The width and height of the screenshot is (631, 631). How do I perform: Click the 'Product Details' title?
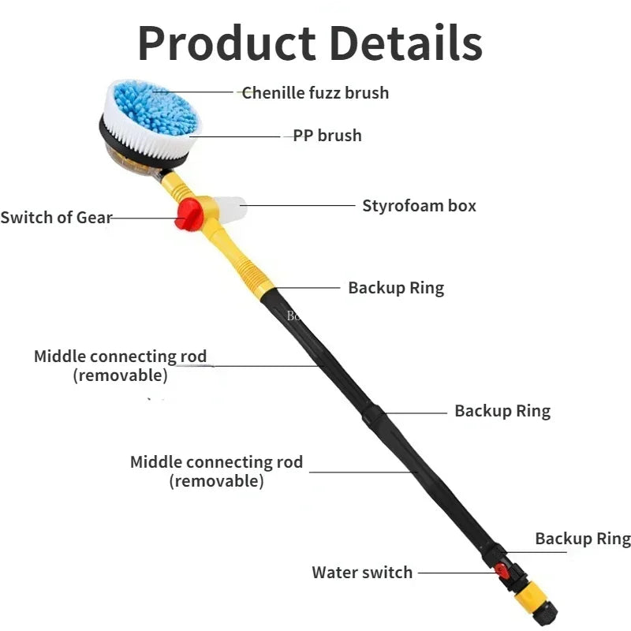(310, 43)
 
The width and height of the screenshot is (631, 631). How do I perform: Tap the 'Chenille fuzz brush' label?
(315, 93)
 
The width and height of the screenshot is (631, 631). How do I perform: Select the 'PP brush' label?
(327, 136)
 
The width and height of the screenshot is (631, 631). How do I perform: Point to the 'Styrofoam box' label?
(419, 206)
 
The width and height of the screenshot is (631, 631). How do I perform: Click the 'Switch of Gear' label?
(56, 218)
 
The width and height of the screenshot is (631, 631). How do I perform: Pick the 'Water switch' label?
(362, 573)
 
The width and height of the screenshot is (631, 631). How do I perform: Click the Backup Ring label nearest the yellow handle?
(396, 289)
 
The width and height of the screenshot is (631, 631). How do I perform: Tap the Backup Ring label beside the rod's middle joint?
(502, 411)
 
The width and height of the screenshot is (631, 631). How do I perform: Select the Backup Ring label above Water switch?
(583, 539)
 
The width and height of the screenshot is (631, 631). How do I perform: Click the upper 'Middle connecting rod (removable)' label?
(121, 366)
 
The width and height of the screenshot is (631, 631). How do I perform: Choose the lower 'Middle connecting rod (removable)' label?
(216, 471)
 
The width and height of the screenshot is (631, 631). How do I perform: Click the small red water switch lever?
(502, 570)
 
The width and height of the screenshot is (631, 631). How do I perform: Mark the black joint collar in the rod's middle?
(374, 417)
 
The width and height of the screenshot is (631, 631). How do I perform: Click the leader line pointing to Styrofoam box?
(298, 205)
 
